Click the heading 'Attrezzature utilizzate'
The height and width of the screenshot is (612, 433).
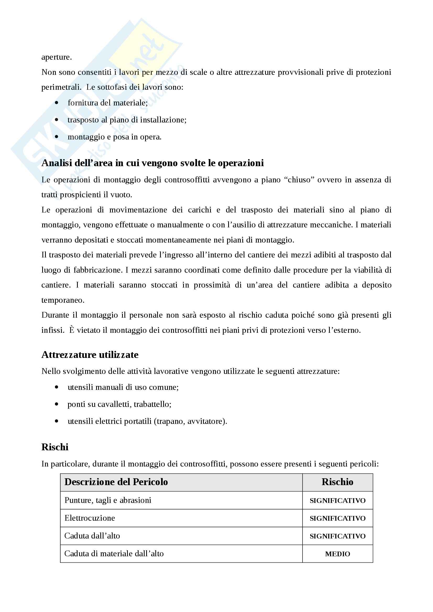tap(90, 355)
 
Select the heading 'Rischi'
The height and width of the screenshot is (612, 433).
tap(55, 447)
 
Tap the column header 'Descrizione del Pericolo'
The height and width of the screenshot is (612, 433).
tap(116, 482)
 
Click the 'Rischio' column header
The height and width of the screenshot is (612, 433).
tap(337, 482)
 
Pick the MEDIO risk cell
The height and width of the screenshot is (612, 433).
tap(337, 554)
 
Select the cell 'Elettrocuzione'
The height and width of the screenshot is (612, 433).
tap(90, 518)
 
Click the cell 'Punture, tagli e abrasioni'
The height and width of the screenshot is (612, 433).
tap(108, 500)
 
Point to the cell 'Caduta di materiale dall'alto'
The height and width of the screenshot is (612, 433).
tap(114, 554)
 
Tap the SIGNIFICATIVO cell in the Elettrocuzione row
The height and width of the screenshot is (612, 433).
tap(337, 518)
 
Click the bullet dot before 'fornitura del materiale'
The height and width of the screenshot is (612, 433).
tap(57, 103)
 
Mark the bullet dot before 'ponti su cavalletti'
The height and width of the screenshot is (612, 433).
tap(57, 404)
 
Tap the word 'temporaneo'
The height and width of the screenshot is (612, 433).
tap(63, 300)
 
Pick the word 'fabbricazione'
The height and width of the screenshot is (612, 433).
tap(97, 270)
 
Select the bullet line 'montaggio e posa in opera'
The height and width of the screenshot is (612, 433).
tap(114, 137)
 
